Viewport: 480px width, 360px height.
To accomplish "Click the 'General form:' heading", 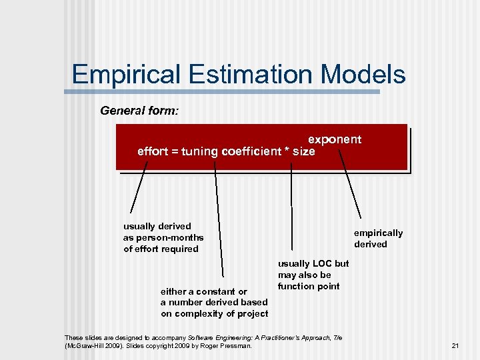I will [x=139, y=110].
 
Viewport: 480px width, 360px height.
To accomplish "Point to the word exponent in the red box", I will [x=334, y=139].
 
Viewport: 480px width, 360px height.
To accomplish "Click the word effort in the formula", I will [x=152, y=151].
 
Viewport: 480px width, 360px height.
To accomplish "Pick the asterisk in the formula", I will [x=287, y=151].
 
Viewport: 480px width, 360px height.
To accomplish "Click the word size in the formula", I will [x=303, y=151].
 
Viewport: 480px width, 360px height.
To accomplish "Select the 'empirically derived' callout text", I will [x=377, y=239].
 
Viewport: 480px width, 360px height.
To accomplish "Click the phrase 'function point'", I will [x=309, y=287].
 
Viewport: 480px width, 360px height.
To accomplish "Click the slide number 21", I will [x=456, y=345].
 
